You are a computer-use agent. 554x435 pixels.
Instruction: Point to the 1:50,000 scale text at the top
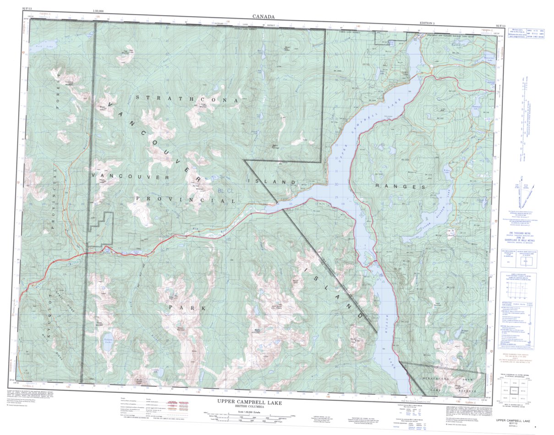(98, 10)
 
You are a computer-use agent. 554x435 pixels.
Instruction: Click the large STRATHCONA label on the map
(187, 99)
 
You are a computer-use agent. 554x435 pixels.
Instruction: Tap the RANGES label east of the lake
(400, 187)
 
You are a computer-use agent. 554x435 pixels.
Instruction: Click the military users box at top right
(524, 34)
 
